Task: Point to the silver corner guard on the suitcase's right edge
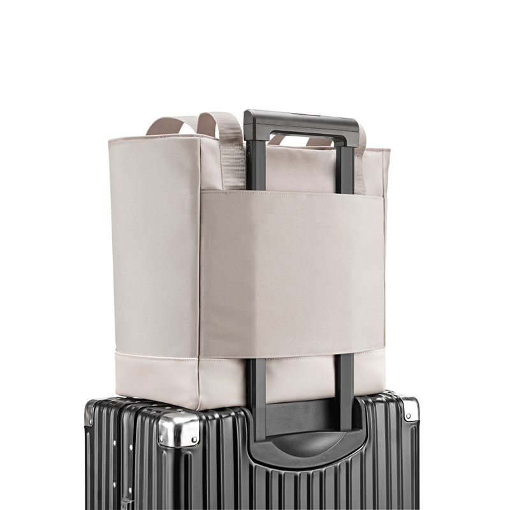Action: click(x=410, y=409)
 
